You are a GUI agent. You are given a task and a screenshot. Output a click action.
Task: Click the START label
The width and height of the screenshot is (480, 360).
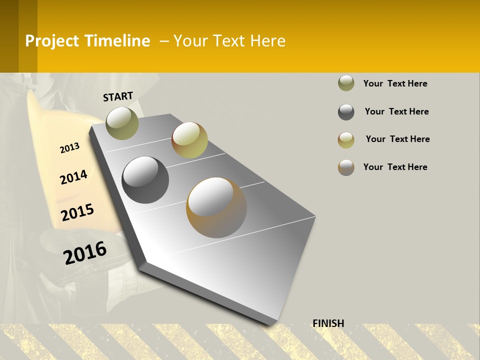[118, 96]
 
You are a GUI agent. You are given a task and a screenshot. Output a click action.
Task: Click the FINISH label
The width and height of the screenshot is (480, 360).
[328, 323]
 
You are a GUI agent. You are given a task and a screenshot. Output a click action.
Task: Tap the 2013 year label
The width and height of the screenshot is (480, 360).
[69, 147]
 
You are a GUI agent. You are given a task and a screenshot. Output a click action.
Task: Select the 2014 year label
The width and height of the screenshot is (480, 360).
[73, 177]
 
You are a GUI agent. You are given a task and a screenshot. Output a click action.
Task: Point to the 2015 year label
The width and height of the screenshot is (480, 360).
[77, 212]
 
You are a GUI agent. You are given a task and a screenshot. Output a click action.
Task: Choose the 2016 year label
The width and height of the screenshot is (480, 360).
[85, 253]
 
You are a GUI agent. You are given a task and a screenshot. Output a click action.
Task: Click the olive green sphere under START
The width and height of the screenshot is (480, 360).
[122, 123]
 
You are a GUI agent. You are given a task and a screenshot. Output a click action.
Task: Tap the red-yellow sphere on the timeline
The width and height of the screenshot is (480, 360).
[189, 140]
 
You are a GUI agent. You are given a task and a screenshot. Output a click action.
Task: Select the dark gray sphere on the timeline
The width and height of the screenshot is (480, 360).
[145, 180]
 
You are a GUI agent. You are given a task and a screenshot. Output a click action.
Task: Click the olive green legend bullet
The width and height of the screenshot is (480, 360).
[346, 83]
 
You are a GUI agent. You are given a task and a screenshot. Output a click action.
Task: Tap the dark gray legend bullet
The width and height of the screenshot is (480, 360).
[346, 112]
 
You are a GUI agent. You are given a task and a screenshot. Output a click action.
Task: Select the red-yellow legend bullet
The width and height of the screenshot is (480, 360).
[346, 140]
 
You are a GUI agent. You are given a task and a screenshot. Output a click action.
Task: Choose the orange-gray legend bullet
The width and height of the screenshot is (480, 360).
[346, 167]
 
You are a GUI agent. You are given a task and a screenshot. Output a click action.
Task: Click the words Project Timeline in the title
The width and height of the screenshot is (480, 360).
[87, 41]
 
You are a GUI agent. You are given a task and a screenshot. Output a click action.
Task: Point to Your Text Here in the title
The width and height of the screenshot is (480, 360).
[229, 41]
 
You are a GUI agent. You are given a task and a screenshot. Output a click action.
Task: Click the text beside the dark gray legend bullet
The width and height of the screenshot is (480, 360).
[396, 111]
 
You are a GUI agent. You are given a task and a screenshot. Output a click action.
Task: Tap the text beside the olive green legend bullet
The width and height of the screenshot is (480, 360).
[395, 83]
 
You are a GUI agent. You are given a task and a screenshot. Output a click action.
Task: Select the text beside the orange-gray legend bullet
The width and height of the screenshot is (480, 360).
[395, 167]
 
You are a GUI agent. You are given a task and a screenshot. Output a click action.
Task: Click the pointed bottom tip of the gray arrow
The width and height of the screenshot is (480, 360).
[271, 324]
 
